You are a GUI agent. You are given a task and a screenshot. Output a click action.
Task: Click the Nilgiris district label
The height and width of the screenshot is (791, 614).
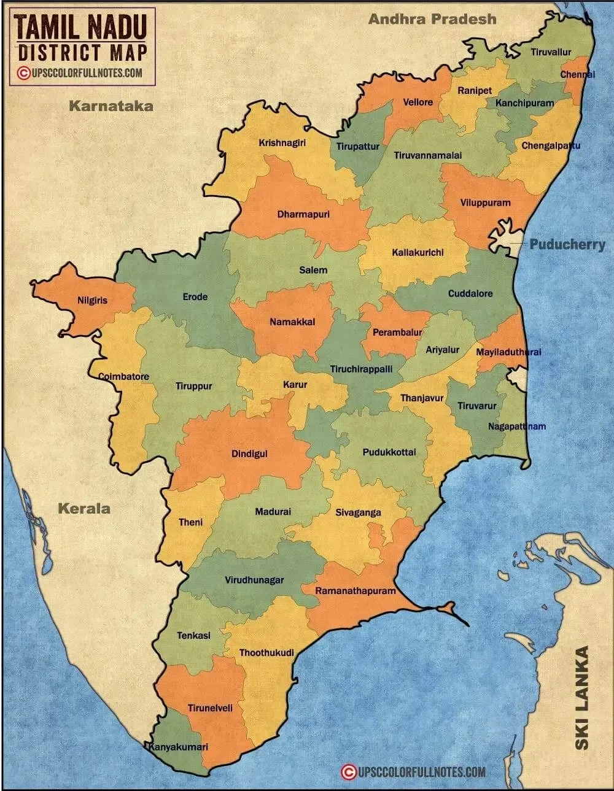[92, 301]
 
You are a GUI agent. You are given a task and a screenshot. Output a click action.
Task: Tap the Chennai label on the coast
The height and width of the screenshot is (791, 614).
[577, 75]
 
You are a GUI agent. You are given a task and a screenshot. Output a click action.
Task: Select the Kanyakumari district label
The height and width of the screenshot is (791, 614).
[177, 747]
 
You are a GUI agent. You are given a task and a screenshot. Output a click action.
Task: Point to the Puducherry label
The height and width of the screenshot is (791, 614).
[567, 244]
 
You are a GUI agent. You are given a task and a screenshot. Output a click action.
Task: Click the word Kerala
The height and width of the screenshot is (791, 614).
[84, 508]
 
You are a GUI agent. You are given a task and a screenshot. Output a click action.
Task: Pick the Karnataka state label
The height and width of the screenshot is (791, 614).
[111, 106]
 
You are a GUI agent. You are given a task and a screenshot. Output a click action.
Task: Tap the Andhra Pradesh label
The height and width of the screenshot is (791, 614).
[432, 19]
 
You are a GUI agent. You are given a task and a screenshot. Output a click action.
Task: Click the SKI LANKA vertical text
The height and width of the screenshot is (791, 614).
[581, 697]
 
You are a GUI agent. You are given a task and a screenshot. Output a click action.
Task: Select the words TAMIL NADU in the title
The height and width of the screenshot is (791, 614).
[81, 27]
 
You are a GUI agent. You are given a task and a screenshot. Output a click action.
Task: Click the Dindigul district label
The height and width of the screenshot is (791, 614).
[249, 454]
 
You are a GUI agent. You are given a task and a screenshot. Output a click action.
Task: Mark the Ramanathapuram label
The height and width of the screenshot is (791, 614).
[356, 591]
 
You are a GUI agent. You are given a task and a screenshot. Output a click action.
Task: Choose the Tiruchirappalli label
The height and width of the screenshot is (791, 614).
[362, 369]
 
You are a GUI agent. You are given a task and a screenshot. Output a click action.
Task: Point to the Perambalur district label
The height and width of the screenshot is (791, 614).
[397, 333]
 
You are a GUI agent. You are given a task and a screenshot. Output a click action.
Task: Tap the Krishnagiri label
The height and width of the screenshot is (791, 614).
[282, 143]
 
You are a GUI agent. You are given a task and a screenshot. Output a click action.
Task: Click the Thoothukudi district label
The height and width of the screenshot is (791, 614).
[266, 653]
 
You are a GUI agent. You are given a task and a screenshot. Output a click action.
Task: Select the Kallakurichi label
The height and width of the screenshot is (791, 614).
[418, 252]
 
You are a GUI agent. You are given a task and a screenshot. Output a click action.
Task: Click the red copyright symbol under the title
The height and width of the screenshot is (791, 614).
[23, 73]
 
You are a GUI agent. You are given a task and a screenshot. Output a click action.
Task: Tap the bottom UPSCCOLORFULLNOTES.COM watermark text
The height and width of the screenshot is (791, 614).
[421, 772]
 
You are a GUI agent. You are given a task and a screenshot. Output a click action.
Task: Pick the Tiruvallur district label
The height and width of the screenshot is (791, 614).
[551, 53]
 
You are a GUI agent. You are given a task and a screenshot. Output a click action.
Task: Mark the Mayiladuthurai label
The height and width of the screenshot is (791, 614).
[508, 352]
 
